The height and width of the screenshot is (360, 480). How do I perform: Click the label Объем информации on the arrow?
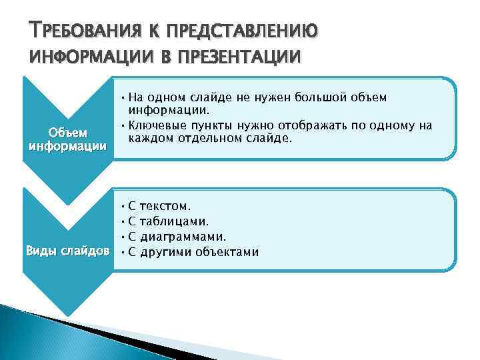pyautogui.click(x=66, y=138)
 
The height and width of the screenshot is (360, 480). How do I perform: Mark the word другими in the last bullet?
pyautogui.click(x=167, y=251)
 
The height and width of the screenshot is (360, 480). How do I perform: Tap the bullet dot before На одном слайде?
pyautogui.click(x=124, y=97)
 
